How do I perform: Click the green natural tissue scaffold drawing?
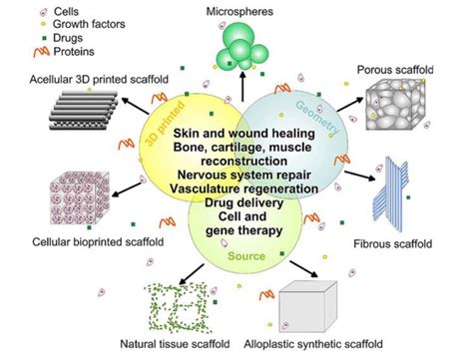tap(182, 304)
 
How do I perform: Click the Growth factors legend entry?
tap(56, 23)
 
